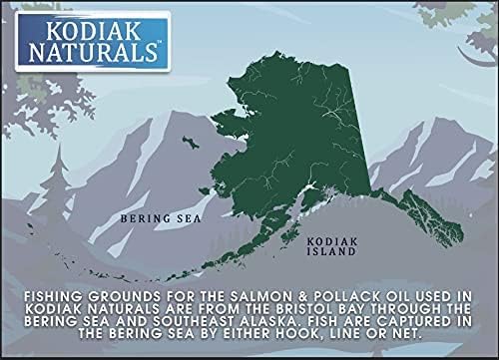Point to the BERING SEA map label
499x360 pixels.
coord(151,215)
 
